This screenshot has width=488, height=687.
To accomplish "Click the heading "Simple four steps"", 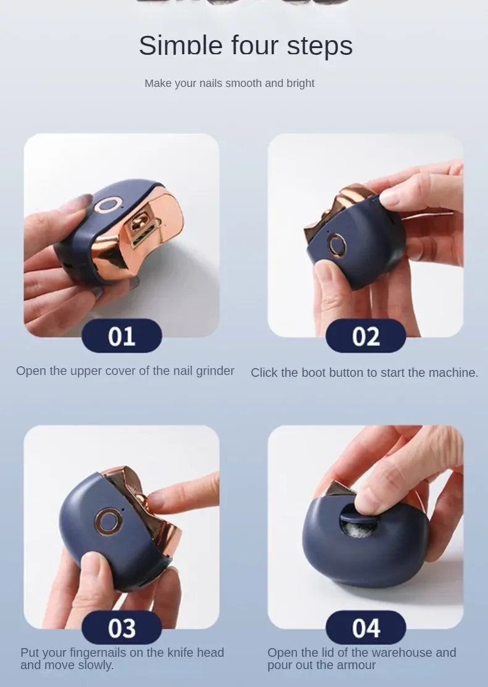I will (245, 46).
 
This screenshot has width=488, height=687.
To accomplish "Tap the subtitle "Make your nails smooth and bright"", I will (229, 83).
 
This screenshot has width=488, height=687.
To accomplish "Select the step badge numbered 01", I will (122, 336).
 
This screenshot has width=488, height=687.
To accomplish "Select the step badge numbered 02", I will (366, 337).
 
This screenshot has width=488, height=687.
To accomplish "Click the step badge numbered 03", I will (122, 628).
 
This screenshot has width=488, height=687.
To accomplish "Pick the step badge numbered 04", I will (366, 628).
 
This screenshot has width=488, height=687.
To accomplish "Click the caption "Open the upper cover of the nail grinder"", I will (125, 371).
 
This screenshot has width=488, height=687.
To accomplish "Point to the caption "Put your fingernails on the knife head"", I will (122, 652).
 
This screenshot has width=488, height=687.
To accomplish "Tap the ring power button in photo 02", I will (337, 245).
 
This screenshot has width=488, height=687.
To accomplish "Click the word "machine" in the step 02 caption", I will (454, 372).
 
